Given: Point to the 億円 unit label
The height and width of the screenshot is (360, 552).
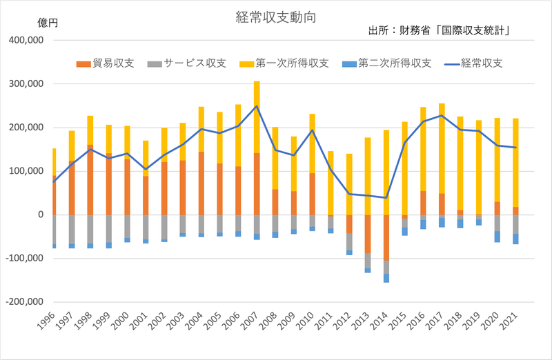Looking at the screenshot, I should coord(48,23).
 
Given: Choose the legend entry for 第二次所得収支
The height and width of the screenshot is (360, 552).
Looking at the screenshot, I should coord(387,63).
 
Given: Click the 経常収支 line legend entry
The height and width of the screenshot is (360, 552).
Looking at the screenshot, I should coord(476,63).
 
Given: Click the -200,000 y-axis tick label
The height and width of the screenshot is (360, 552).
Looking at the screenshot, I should coord(25,302).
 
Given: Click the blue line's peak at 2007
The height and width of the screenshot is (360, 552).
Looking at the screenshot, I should coord(257,106).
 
